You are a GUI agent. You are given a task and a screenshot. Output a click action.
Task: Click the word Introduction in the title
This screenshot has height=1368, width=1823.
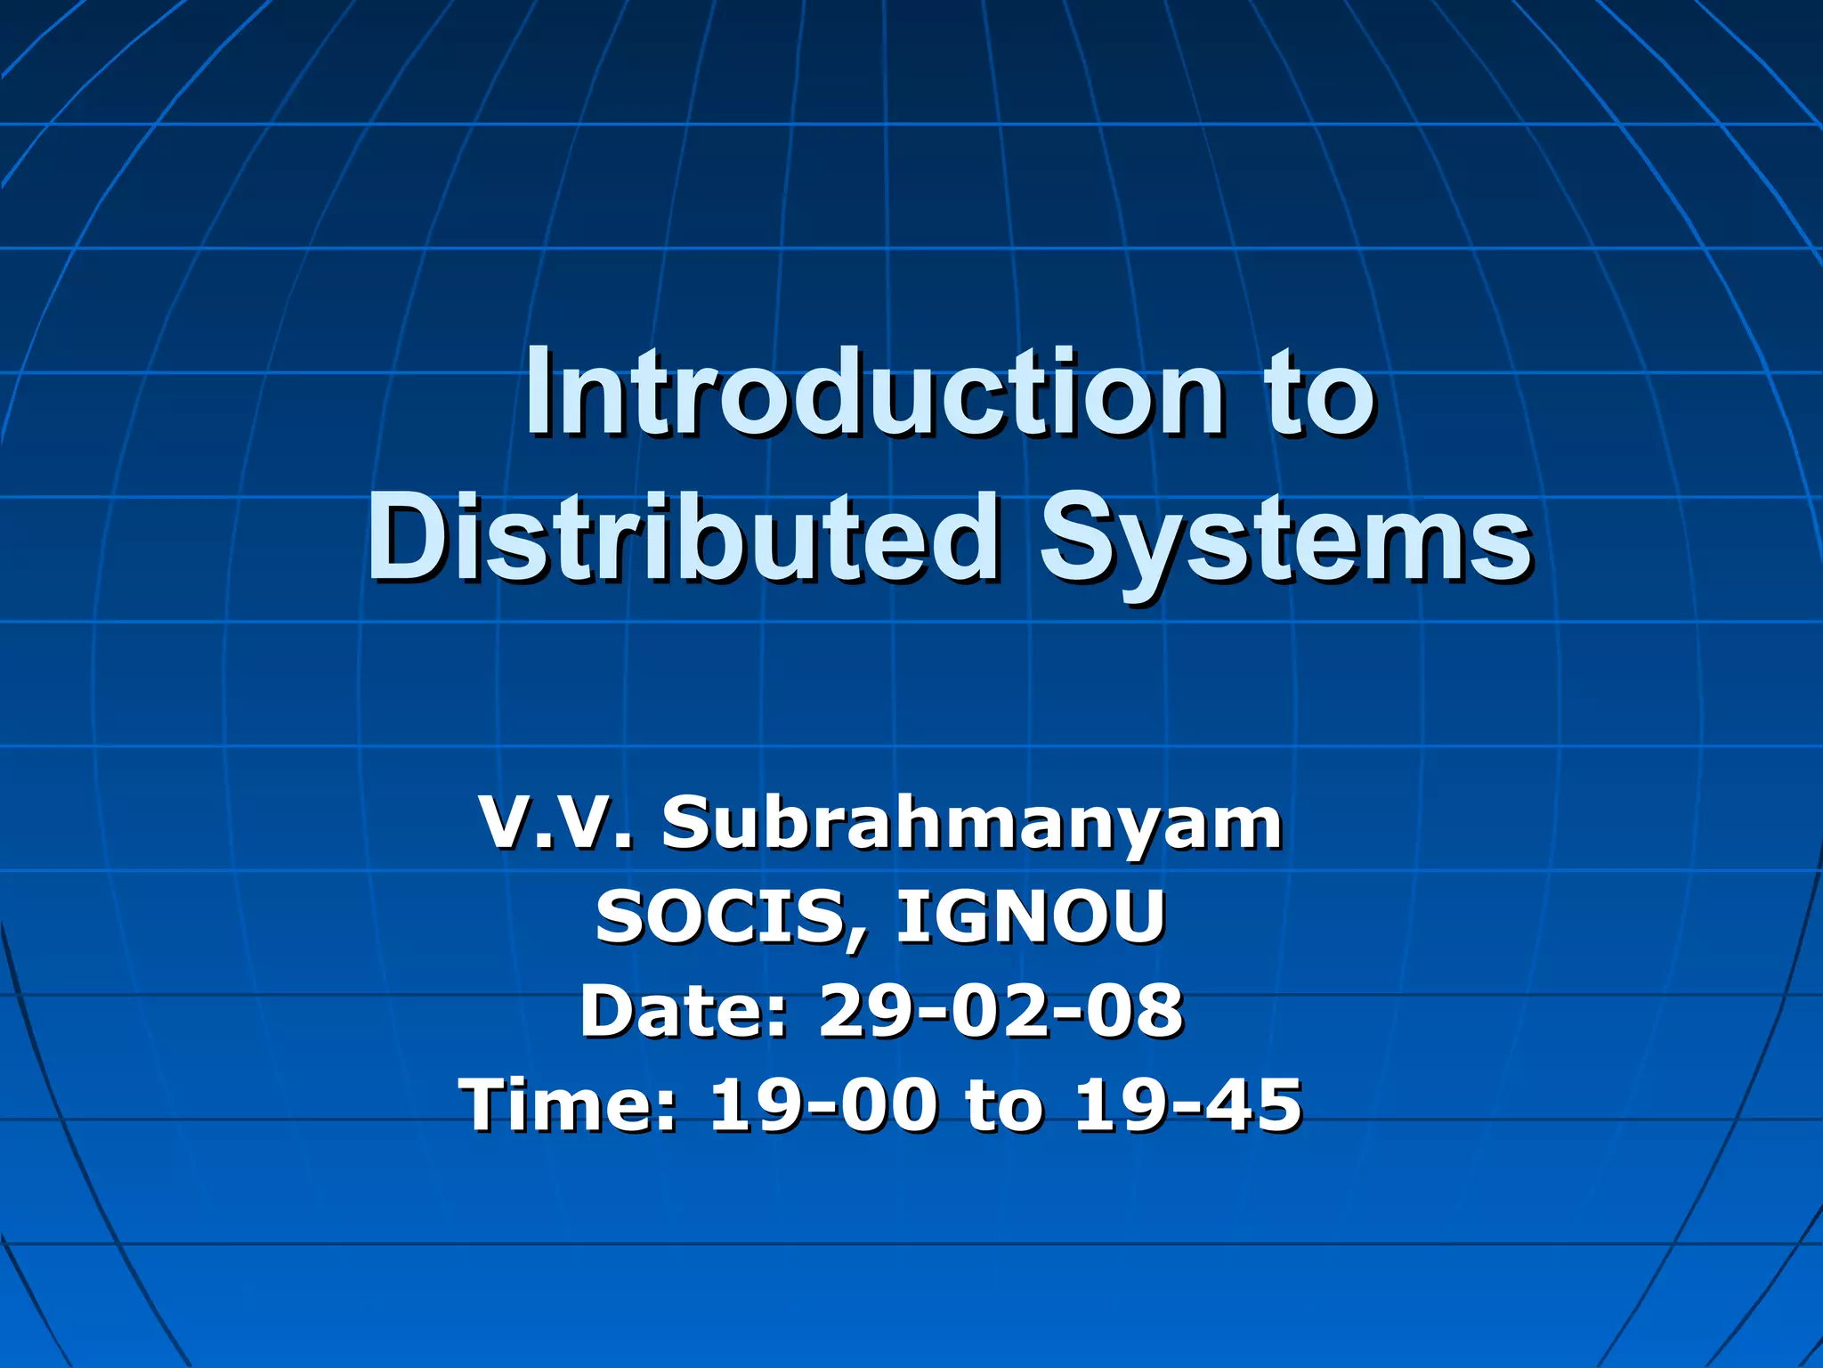(x=872, y=394)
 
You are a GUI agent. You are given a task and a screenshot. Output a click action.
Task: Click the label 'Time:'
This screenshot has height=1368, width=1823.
(x=569, y=1105)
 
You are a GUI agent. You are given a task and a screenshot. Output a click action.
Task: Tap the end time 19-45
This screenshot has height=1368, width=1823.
(x=1187, y=1105)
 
